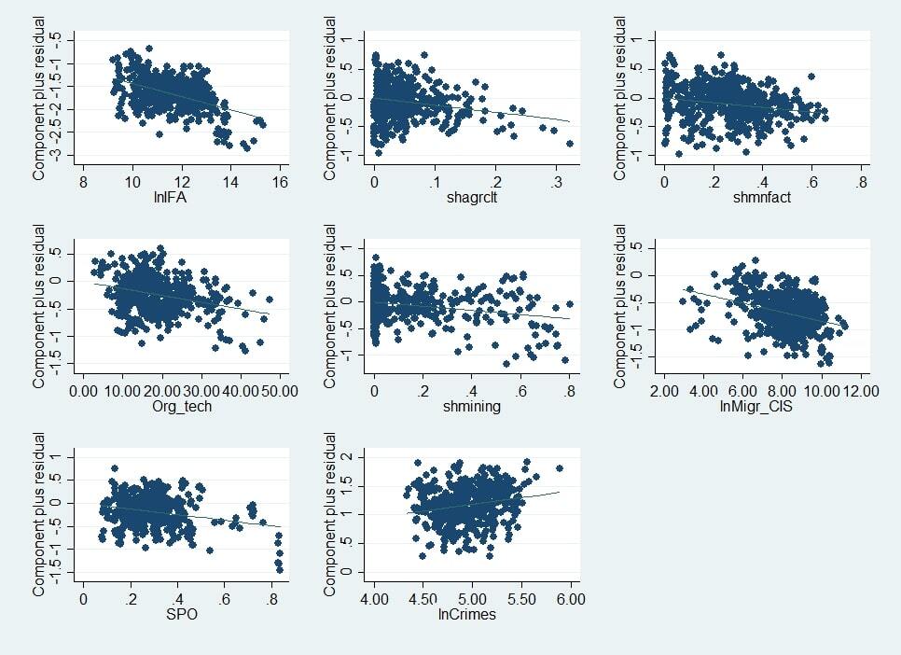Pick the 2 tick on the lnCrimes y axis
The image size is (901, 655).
click(x=347, y=456)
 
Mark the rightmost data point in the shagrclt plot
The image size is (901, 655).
click(x=569, y=144)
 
